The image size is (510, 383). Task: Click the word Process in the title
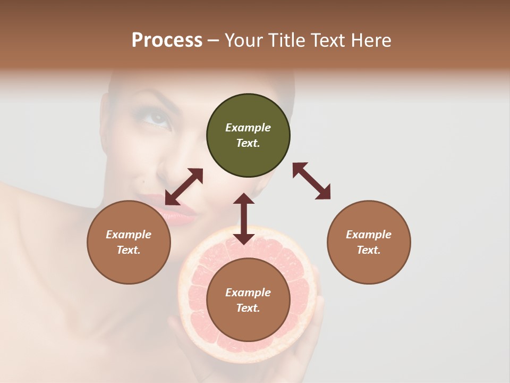pyautogui.click(x=167, y=40)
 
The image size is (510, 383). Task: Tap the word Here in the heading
pyautogui.click(x=371, y=40)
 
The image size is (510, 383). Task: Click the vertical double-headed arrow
pyautogui.click(x=244, y=219)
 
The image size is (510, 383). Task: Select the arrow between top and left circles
pyautogui.click(x=184, y=187)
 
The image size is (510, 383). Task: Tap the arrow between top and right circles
pyautogui.click(x=311, y=181)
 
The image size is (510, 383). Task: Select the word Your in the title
pyautogui.click(x=244, y=40)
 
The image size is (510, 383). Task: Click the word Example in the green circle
pyautogui.click(x=248, y=128)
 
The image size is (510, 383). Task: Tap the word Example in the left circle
pyautogui.click(x=129, y=235)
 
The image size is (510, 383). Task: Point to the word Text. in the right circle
pyautogui.click(x=369, y=250)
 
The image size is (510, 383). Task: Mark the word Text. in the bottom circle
pyautogui.click(x=248, y=308)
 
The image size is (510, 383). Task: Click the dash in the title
pyautogui.click(x=214, y=40)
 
